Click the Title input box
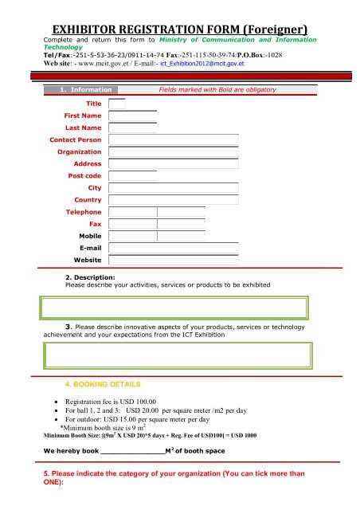click(117, 104)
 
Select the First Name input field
click(133, 117)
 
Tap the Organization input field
click(174, 151)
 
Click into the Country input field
click(174, 199)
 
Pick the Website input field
click(174, 261)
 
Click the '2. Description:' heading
click(90, 277)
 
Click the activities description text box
click(179, 307)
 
